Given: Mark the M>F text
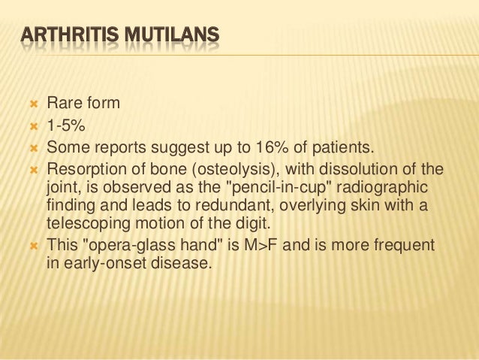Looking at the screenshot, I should [244, 245].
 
